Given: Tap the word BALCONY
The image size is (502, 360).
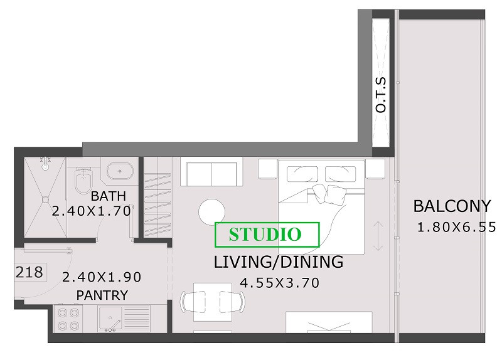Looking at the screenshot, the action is click(452, 206).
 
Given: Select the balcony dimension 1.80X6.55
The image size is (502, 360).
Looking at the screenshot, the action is click(456, 227).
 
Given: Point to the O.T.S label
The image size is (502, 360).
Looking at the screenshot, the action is click(381, 95).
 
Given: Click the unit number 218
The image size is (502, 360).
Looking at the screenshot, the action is click(29, 272).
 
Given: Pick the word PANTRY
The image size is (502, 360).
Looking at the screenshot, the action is click(102, 295).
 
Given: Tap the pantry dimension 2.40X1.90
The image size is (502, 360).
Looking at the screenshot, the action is click(102, 277).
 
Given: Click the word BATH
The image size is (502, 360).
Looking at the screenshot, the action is click(108, 196).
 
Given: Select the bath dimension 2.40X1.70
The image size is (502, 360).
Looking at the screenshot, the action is click(92, 211).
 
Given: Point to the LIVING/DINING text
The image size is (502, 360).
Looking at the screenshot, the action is click(278, 262).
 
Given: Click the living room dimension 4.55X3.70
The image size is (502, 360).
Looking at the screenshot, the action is click(279, 283).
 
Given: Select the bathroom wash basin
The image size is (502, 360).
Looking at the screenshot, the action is click(120, 171).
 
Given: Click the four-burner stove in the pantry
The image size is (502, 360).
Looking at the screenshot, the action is click(68, 319).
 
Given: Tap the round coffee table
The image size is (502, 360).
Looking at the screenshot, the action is click(211, 212).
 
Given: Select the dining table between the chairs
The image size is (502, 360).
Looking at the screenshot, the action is click(213, 302).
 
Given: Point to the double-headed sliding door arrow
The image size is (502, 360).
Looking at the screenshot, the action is click(378, 236).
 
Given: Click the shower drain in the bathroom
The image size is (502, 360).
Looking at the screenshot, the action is click(45, 199).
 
